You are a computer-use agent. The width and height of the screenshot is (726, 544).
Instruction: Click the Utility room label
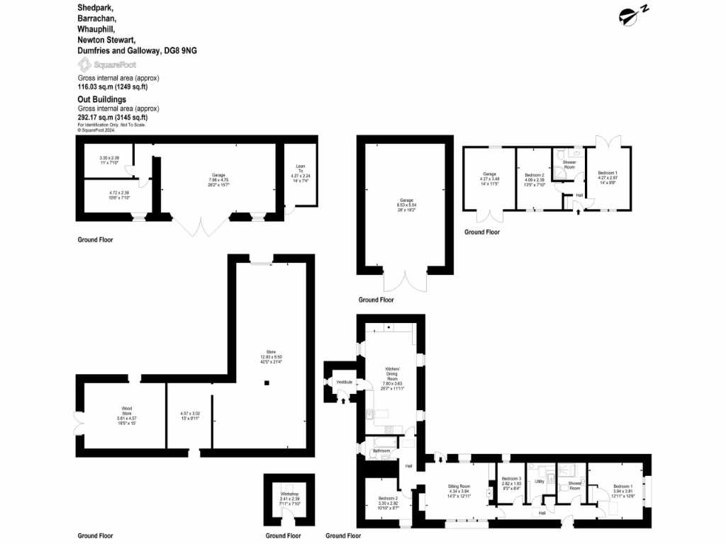coord(539,481)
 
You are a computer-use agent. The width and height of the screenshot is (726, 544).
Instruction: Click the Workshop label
coord(289,493)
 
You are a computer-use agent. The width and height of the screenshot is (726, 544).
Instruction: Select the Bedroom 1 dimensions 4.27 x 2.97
coord(607,178)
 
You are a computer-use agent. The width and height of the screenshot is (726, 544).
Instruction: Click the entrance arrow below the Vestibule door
coord(344,401)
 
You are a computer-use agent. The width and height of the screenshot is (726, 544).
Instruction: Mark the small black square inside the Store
coord(267,383)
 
